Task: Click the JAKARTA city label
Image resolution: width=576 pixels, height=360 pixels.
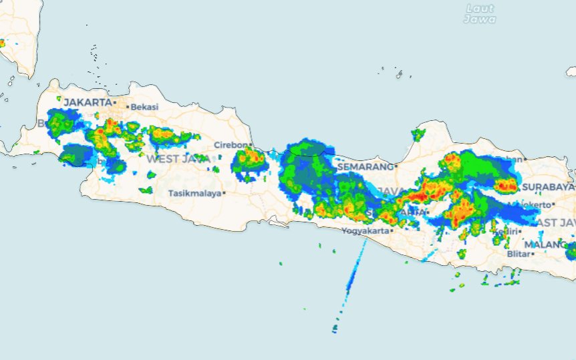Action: (87, 102)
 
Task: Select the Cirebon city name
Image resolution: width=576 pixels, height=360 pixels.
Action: (231, 145)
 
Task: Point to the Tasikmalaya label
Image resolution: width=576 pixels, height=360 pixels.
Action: (194, 193)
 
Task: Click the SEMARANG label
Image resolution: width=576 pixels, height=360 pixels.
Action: (365, 166)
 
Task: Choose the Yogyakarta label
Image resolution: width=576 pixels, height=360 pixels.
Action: (365, 231)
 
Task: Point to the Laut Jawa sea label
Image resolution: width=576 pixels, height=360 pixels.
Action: (480, 14)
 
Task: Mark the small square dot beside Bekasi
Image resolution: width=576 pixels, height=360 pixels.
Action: (128, 107)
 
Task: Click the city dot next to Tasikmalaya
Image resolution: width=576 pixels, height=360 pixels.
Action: (225, 193)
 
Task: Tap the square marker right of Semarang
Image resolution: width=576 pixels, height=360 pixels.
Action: (396, 166)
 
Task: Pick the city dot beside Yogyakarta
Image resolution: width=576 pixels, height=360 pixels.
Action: (392, 231)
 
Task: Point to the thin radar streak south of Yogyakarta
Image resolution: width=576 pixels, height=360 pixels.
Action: (354, 274)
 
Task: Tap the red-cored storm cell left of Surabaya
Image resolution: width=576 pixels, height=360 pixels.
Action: (506, 186)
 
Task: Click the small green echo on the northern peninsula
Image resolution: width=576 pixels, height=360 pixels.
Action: (418, 135)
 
